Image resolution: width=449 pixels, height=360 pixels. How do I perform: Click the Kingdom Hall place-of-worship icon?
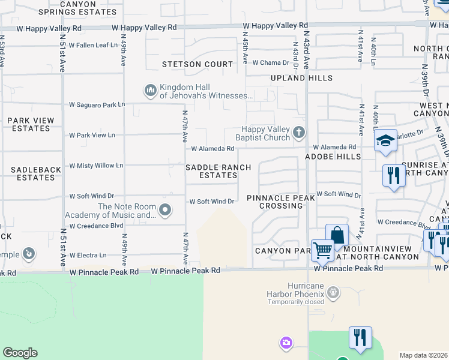pyautogui.click(x=150, y=91)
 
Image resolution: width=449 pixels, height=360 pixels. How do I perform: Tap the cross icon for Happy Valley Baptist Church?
pyautogui.click(x=299, y=132)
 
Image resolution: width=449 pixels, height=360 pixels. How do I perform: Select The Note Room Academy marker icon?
pyautogui.click(x=165, y=210)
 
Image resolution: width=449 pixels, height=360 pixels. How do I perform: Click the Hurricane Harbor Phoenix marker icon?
pyautogui.click(x=334, y=293)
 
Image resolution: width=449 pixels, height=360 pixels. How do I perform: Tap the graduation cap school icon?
pyautogui.click(x=386, y=140)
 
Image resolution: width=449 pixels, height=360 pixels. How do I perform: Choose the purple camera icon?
pyautogui.click(x=286, y=343)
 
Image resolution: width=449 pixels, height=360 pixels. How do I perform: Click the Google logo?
pyautogui.click(x=20, y=353)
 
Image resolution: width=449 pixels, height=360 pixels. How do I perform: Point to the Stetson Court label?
pyautogui.click(x=197, y=64)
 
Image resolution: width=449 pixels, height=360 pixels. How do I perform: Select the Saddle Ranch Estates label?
pyautogui.click(x=218, y=171)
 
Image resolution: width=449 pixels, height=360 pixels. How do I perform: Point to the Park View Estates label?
pyautogui.click(x=31, y=124)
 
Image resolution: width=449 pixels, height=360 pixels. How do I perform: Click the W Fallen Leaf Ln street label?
pyautogui.click(x=93, y=45)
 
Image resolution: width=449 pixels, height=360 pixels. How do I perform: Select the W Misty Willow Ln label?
pyautogui.click(x=96, y=166)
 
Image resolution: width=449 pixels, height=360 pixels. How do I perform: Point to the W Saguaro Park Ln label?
pyautogui.click(x=97, y=104)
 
